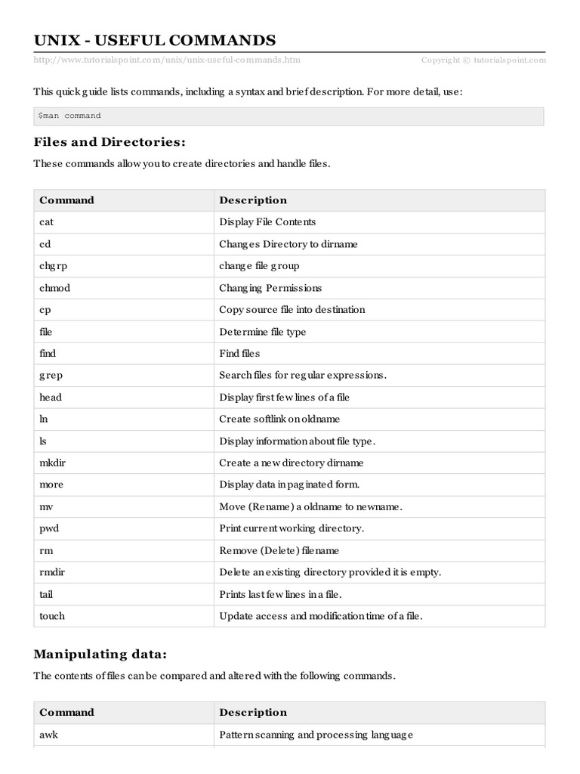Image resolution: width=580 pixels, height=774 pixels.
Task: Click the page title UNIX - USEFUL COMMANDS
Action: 154,40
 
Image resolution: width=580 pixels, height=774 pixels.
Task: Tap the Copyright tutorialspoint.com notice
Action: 483,60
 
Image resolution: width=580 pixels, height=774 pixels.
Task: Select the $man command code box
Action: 288,116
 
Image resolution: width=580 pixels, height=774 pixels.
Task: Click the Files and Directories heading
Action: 109,142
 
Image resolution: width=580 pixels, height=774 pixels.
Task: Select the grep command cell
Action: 51,376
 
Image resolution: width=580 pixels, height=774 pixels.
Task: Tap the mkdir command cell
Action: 53,463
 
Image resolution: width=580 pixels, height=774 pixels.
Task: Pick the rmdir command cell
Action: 52,572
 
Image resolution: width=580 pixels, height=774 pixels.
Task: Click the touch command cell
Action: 52,616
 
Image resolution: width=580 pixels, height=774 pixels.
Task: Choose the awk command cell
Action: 48,735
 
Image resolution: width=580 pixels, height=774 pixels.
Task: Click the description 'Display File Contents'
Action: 267,222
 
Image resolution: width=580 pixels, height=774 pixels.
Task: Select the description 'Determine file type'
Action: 262,332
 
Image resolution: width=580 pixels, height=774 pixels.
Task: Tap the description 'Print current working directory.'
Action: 292,528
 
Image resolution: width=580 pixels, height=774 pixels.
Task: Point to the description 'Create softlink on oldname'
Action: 279,419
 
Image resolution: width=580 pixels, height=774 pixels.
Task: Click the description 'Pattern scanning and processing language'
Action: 316,735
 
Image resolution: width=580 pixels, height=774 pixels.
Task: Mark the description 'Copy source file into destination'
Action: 292,310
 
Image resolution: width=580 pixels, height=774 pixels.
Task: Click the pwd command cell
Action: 50,528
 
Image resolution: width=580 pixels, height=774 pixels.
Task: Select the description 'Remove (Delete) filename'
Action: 279,550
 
